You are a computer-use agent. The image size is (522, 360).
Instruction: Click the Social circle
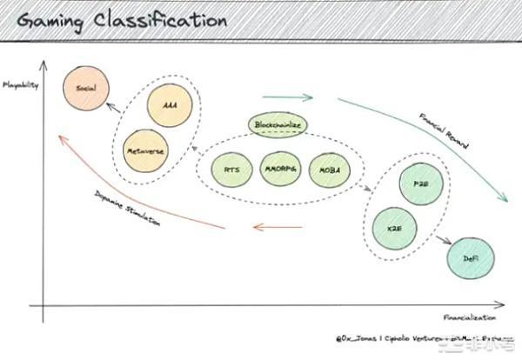[x=85, y=90]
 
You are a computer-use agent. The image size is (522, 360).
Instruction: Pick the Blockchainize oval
[x=278, y=126]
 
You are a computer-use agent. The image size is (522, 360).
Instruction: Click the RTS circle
[x=232, y=168]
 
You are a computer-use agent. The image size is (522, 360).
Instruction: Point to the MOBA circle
[x=329, y=168]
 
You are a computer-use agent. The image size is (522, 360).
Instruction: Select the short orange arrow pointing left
[x=277, y=228]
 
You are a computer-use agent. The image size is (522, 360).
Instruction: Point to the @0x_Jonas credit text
[x=384, y=336]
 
